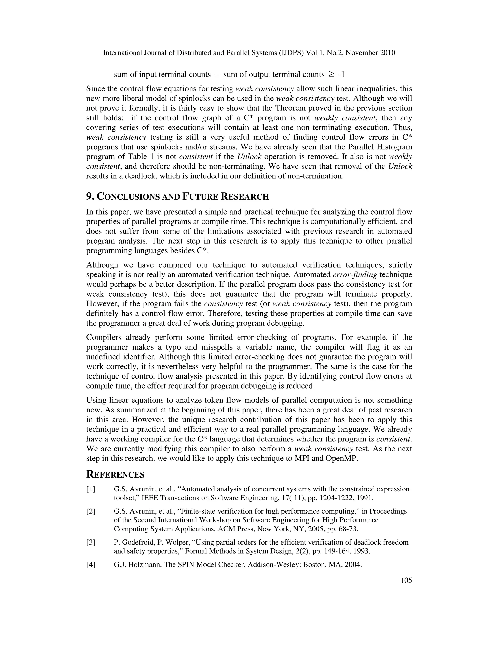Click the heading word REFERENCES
coord(115,474)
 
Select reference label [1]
coord(91,489)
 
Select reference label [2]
coord(91,511)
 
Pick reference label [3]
coord(91,542)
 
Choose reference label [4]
coord(91,565)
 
